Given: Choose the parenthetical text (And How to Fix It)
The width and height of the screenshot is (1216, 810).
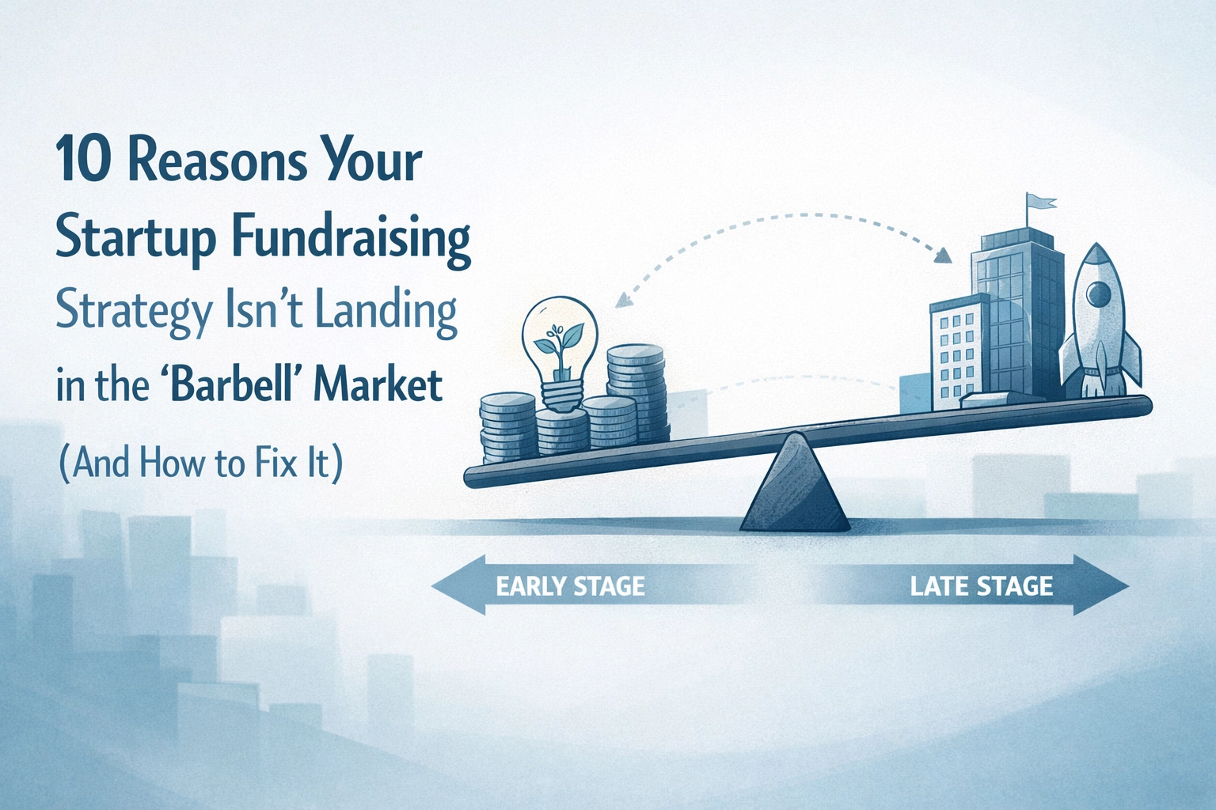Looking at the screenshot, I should (200, 462).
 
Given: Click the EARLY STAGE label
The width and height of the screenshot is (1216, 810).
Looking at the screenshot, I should (570, 586).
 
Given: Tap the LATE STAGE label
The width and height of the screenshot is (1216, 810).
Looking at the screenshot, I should (982, 586).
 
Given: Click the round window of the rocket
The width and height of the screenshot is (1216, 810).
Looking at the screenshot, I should (1098, 294).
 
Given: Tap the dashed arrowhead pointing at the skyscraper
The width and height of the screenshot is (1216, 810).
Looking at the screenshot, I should (941, 255).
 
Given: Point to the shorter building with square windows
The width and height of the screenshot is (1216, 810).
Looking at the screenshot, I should (956, 352).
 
